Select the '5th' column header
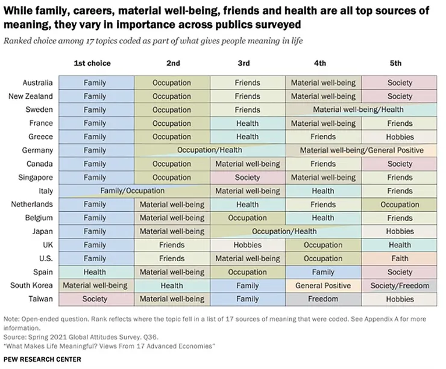click(395, 63)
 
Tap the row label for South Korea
click(31, 285)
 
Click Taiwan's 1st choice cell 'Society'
click(95, 299)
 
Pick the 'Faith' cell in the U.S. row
click(400, 258)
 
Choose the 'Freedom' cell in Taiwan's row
click(323, 299)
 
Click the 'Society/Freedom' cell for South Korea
click(400, 285)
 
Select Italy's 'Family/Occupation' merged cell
click(132, 191)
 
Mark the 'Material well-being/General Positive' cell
click(362, 150)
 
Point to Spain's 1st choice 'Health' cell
click(95, 272)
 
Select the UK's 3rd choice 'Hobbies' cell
click(247, 245)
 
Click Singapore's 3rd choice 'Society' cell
click(247, 178)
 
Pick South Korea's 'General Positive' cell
click(323, 285)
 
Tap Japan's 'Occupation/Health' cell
click(284, 231)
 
